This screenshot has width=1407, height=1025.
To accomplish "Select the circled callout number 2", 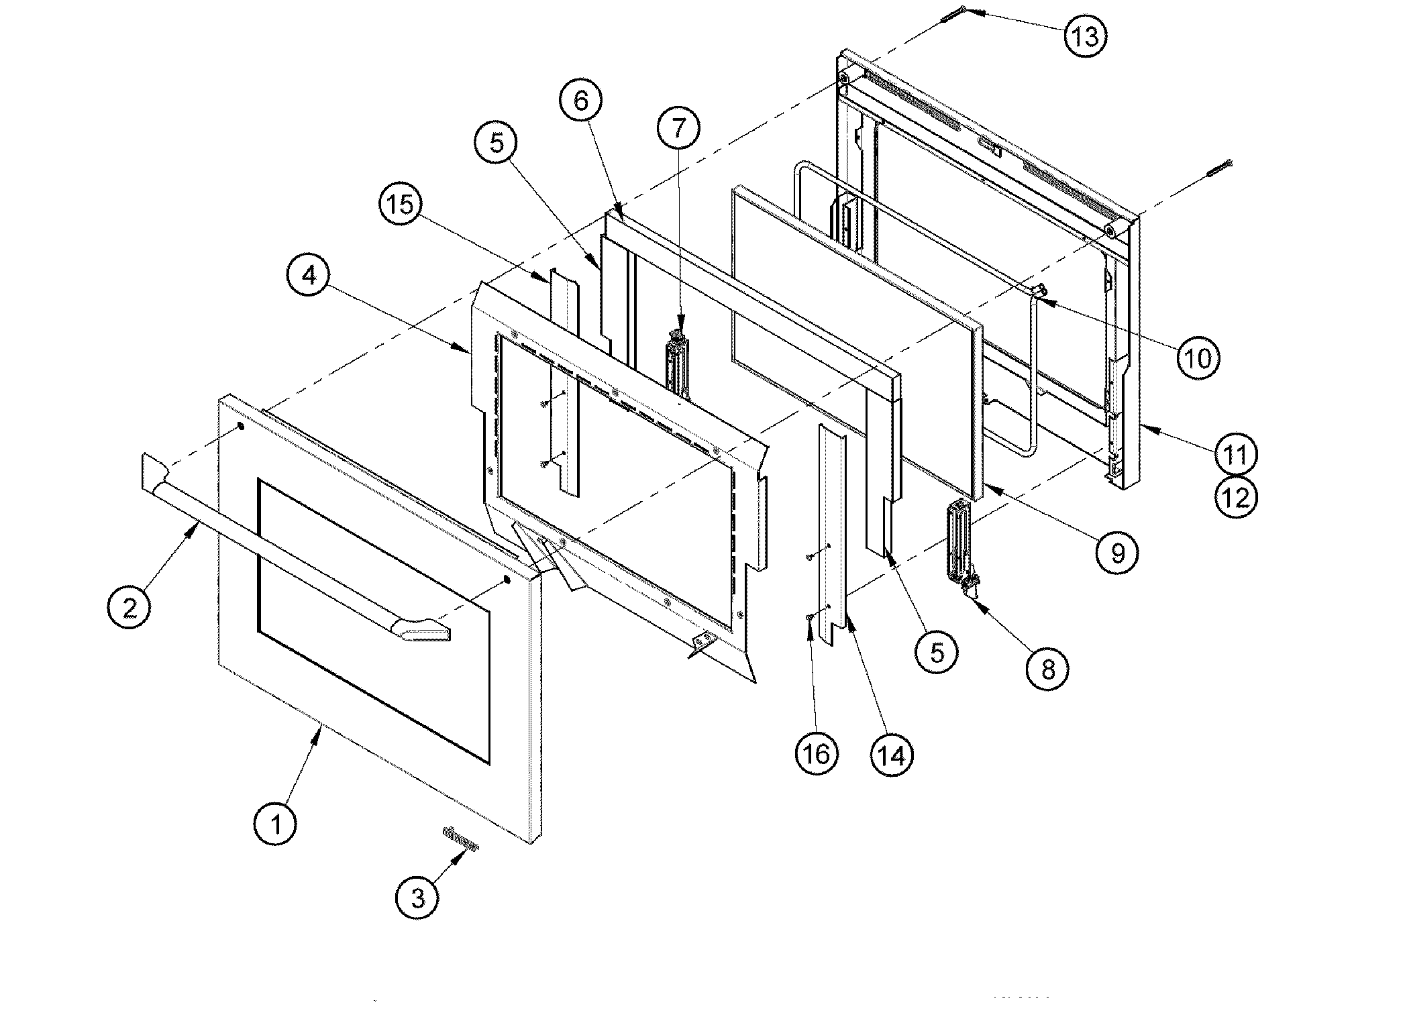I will pyautogui.click(x=129, y=607).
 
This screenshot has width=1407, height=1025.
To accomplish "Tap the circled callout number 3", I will pyautogui.click(x=417, y=897).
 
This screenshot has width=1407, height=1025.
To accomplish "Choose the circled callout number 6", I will pyautogui.click(x=580, y=101).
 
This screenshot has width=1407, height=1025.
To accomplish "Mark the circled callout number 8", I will pyautogui.click(x=1048, y=669).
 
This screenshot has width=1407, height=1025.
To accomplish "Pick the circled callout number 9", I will pyautogui.click(x=1117, y=553).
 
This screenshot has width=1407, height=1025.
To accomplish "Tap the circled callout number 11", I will pyautogui.click(x=1237, y=454).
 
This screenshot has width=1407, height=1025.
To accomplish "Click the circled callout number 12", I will pyautogui.click(x=1237, y=497).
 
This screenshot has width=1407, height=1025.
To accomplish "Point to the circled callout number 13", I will pyautogui.click(x=1085, y=36).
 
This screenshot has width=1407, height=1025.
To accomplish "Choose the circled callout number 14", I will pyautogui.click(x=892, y=755).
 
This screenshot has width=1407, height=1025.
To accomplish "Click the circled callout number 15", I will pyautogui.click(x=401, y=204).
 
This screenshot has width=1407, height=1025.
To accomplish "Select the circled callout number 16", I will pyautogui.click(x=817, y=755).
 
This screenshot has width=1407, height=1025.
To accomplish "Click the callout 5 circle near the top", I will pyautogui.click(x=497, y=143).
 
